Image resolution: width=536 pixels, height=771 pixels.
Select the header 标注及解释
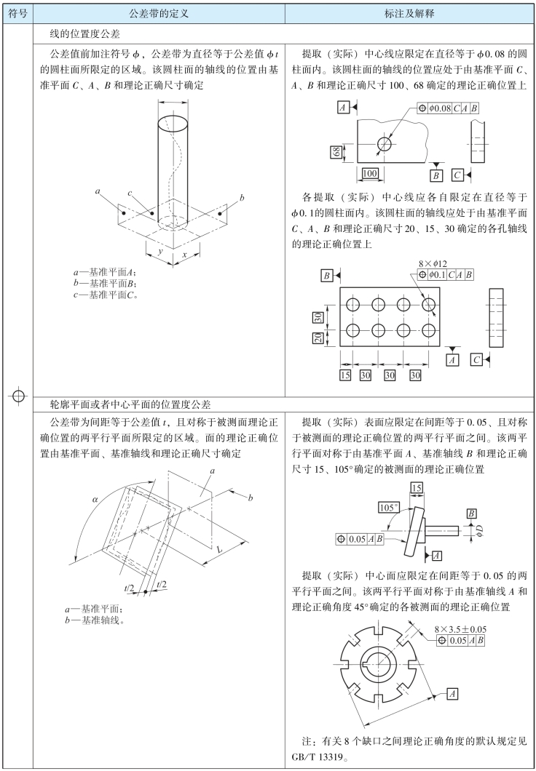coord(410,14)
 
